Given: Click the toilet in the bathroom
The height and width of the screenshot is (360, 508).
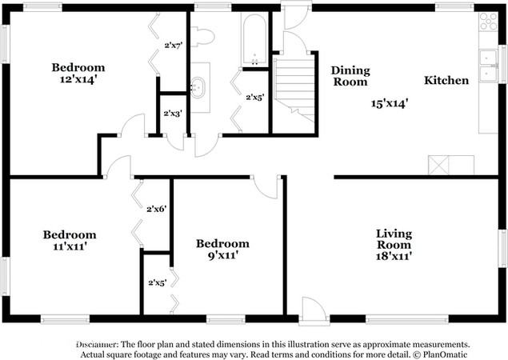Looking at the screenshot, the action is (202, 37).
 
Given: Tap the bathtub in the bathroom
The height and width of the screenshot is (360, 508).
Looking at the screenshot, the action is (254, 39).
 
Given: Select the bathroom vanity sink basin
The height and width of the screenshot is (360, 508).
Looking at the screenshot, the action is (198, 87).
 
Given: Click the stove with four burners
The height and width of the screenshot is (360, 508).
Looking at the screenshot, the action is (488, 22).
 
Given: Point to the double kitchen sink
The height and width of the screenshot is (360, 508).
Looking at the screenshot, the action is (488, 66).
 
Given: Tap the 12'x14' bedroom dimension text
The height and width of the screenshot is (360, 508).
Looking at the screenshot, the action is (78, 79).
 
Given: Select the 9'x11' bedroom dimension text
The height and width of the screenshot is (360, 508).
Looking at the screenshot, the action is (223, 255).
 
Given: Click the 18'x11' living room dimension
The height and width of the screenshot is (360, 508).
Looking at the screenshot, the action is (394, 256).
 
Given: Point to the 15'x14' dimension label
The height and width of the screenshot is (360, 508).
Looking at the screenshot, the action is (389, 104).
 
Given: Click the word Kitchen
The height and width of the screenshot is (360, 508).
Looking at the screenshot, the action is (446, 80).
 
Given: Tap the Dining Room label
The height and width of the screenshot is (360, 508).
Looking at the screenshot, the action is (350, 76).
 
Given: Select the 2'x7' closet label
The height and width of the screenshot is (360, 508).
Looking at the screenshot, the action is (174, 46).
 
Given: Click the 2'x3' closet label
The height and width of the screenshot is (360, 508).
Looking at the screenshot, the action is (173, 114).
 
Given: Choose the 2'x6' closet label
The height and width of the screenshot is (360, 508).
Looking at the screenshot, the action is (157, 209).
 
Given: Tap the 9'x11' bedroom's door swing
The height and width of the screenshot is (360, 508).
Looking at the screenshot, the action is (266, 187).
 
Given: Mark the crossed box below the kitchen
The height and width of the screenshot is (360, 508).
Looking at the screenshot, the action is (438, 166).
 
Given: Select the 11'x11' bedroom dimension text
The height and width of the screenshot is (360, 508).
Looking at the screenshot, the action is (70, 246).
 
